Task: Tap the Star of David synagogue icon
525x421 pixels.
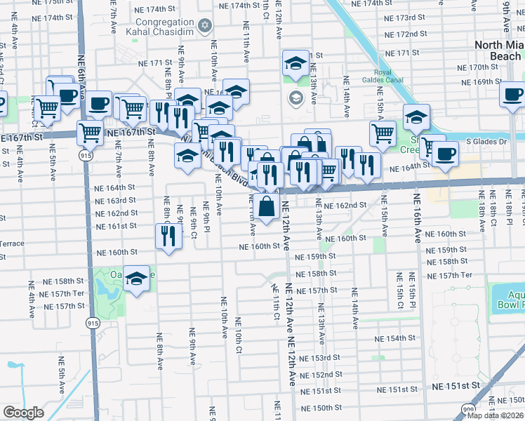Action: coord(205,26)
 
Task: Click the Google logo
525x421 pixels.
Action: coord(23,413)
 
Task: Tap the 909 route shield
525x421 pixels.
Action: coord(468,408)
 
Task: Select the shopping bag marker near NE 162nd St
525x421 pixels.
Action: coord(267,207)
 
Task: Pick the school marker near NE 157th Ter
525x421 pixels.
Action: coord(137,279)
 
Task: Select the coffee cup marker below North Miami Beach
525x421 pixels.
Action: coord(512,94)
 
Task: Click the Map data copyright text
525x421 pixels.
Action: coord(495,415)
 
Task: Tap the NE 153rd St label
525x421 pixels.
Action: coord(320,358)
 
